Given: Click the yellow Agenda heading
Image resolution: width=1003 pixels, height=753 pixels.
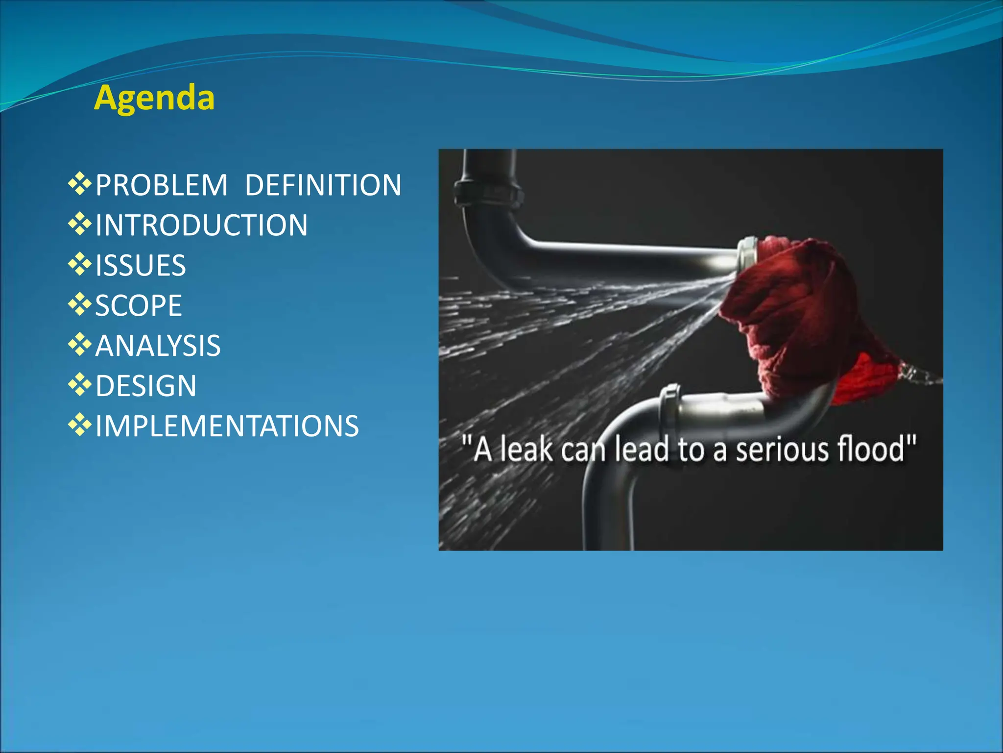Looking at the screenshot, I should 154,98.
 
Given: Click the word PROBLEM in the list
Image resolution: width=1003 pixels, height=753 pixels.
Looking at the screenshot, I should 162,185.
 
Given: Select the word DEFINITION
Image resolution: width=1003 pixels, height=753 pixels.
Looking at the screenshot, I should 323,185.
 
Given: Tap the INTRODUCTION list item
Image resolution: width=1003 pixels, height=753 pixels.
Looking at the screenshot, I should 201,226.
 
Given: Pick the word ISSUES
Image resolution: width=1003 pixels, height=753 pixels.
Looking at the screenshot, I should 141,266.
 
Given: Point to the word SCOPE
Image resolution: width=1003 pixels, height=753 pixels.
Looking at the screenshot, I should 139,306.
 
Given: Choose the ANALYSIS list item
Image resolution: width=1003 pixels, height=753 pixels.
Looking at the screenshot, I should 158,346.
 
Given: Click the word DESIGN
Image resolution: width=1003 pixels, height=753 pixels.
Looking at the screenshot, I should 146,386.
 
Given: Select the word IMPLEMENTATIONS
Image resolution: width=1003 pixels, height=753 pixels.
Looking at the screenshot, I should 227,426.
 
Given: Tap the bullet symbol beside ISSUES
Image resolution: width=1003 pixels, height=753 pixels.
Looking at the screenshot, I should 80,264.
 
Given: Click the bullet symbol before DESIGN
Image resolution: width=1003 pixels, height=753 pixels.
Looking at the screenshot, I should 80,384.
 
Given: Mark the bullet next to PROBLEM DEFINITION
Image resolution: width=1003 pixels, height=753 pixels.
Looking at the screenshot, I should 80,184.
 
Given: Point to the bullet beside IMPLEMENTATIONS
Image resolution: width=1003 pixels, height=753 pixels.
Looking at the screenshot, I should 80,425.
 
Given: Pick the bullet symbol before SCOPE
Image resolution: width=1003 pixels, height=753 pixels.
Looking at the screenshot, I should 80,304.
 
